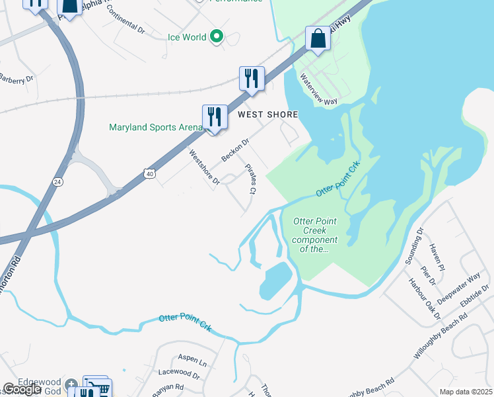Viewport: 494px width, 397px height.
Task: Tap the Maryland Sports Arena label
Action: [155, 127]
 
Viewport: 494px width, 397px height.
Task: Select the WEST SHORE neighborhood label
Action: [267, 114]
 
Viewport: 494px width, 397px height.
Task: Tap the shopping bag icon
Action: [318, 40]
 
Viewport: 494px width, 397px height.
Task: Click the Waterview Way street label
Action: [318, 89]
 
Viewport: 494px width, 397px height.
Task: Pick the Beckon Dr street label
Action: [235, 150]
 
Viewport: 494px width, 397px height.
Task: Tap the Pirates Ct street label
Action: [250, 179]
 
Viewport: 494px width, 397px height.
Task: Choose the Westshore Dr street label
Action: [203, 168]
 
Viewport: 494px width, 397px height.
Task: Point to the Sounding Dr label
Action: [413, 245]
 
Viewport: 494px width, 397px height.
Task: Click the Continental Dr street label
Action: [125, 21]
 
